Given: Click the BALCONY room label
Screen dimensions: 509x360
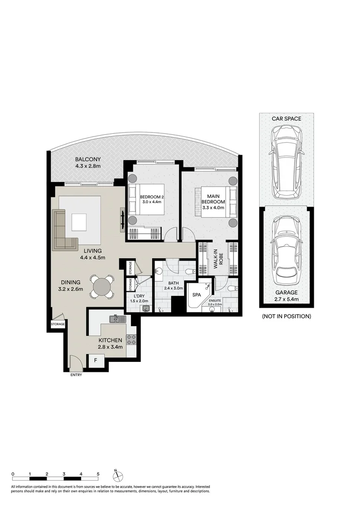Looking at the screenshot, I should coord(88,159).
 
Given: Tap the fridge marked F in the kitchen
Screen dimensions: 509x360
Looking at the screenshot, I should coord(96,361).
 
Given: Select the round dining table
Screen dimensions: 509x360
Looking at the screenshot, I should coord(102,287).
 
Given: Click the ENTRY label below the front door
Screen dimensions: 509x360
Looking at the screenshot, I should coord(76,375).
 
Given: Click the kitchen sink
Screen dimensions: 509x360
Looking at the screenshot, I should coord(116,319).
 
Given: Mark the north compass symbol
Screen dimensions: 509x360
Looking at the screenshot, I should coord(118,475).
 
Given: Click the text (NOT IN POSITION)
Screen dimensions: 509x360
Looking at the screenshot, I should coord(286,316).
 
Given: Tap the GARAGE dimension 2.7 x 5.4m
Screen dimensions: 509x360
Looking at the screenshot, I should coord(286,298).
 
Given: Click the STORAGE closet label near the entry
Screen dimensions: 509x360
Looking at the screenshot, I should coord(58,324).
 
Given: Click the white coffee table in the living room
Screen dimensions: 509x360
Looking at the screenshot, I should coord(79,222).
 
